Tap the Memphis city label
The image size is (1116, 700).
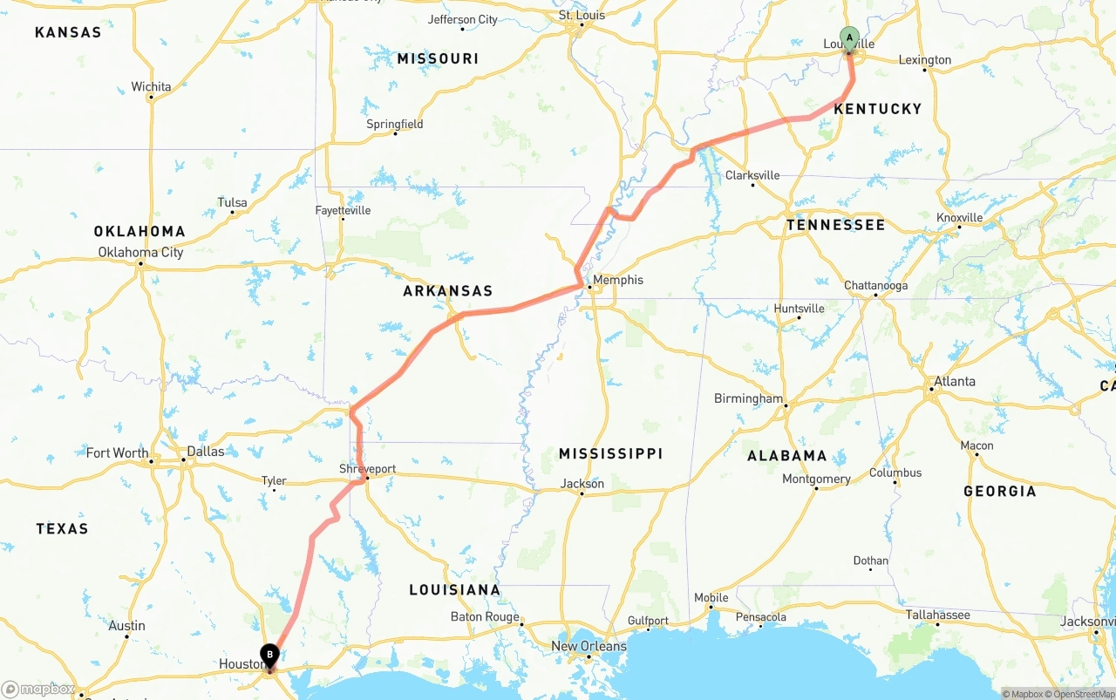click(618, 280)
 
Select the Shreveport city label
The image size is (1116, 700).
click(367, 469)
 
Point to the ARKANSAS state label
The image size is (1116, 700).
click(447, 291)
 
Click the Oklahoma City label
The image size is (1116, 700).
click(140, 253)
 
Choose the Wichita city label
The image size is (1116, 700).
click(151, 86)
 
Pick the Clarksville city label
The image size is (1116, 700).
click(752, 175)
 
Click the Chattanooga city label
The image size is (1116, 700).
click(875, 286)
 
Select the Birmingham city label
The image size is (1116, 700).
click(748, 398)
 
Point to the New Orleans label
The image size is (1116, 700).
click(589, 646)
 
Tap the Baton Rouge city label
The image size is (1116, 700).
click(485, 617)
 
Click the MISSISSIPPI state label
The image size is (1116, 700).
click(610, 453)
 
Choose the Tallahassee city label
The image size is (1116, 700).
click(937, 615)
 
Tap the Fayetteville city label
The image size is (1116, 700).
click(343, 210)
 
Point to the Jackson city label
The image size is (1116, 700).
click(582, 484)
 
